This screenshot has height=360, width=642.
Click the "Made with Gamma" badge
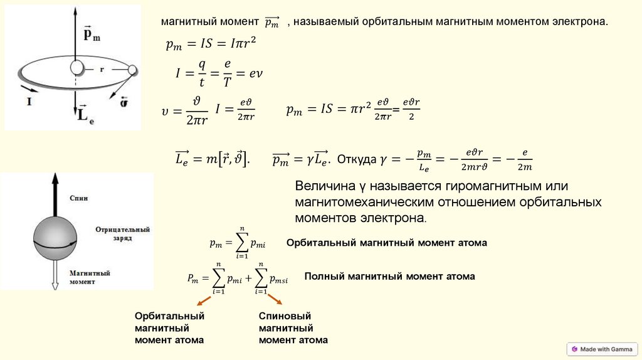coord(601,349)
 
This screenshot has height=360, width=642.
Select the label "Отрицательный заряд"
coord(123,234)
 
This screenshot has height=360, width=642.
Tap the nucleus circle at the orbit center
coord(76,67)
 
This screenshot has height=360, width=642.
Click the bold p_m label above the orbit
coord(91,33)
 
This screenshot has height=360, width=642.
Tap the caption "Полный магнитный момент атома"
coord(389,276)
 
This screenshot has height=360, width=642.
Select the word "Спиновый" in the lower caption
coord(285,316)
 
